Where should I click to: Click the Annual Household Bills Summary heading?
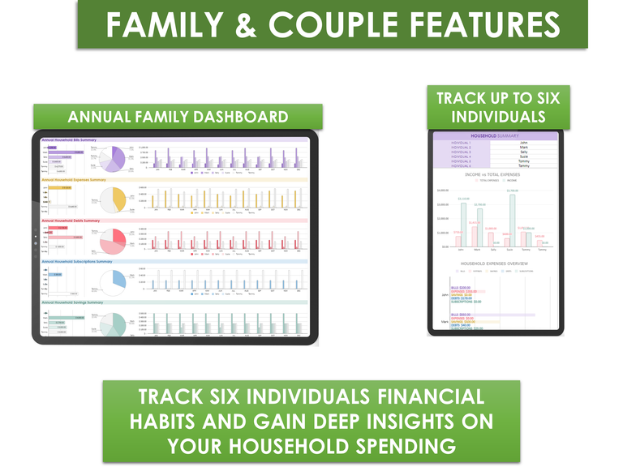tap(69, 139)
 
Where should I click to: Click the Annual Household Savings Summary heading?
tap(72, 302)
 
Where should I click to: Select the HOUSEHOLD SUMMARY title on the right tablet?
tap(495, 136)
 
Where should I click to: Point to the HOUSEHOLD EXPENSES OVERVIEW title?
tap(495, 264)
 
